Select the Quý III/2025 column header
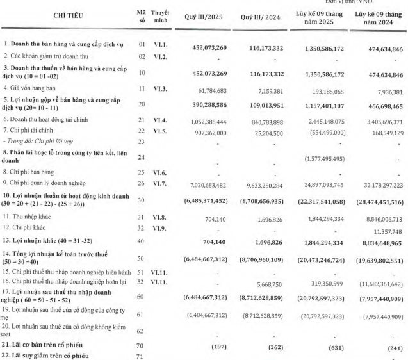coord(203,19)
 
